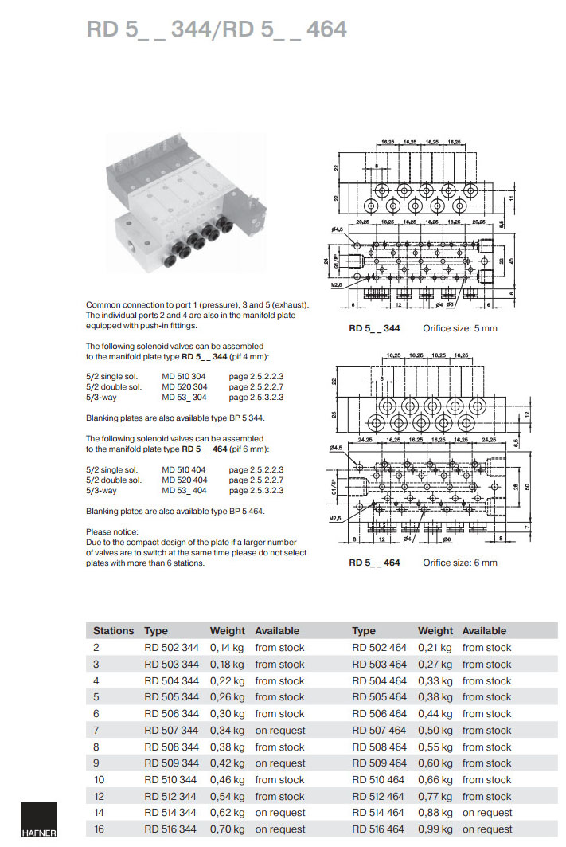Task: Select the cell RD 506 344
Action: coord(171,714)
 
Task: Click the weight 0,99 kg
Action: coord(435,829)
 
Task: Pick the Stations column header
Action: coord(113,630)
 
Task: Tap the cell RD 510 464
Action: coord(379,780)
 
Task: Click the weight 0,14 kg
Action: coord(227,648)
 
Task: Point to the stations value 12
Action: coord(99,796)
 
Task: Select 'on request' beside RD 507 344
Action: coord(279,731)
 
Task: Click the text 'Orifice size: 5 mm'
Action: coord(460,328)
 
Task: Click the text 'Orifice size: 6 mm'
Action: coord(460,563)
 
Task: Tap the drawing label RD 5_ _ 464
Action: coord(374,563)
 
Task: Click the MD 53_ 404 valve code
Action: coord(185,490)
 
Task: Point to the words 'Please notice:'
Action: coord(112,531)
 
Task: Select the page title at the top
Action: coord(217,29)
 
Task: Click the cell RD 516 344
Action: coord(171,829)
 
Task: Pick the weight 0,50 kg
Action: coord(435,731)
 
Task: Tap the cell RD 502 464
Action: coord(379,648)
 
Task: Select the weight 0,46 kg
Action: coord(227,780)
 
